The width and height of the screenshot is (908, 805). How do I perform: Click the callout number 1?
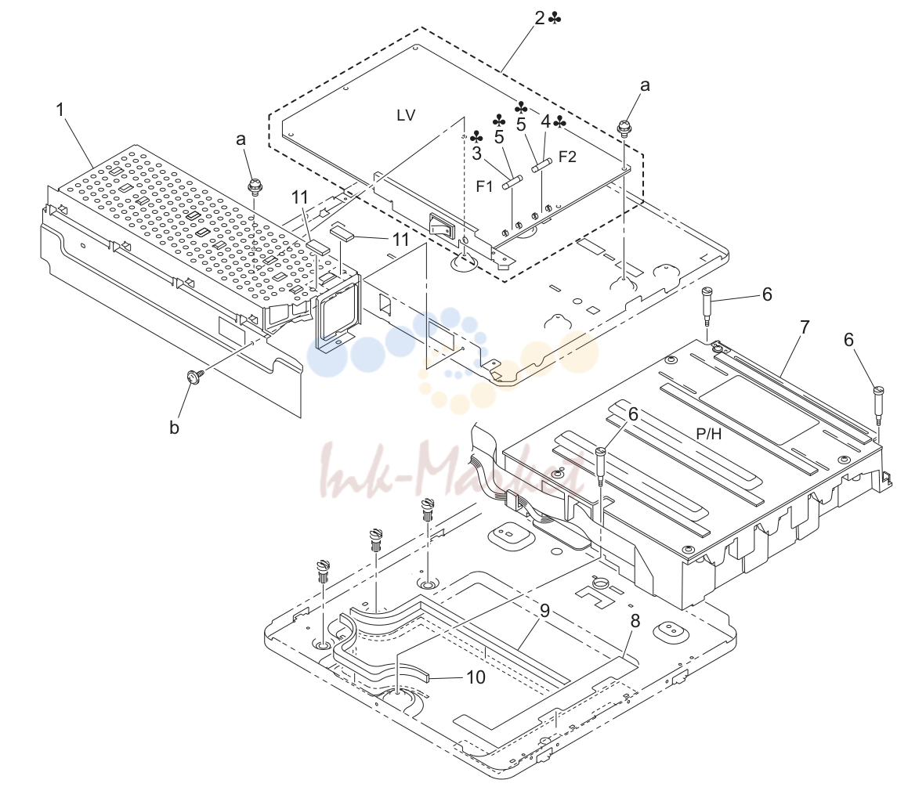coord(60,109)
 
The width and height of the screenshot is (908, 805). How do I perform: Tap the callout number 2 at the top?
coord(540,19)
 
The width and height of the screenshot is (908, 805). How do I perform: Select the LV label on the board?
coord(406,115)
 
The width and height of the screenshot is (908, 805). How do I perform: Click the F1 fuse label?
coord(484,186)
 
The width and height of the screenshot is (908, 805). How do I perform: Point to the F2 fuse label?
coord(567,157)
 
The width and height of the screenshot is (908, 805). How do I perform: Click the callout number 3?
coord(476,153)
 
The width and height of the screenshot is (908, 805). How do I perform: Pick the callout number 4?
coord(545,121)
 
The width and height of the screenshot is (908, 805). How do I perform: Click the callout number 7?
coord(805,327)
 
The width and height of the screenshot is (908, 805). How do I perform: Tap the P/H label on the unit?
coord(709,434)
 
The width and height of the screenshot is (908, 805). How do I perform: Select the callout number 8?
coord(635,621)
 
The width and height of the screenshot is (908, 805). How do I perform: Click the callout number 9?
coord(544,610)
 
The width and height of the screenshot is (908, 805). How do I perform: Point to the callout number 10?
coord(476,677)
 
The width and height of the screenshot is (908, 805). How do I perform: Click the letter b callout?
coord(174,428)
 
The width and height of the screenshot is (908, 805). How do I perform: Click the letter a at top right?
coord(645,85)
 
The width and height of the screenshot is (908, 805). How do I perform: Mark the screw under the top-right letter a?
coord(624,128)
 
